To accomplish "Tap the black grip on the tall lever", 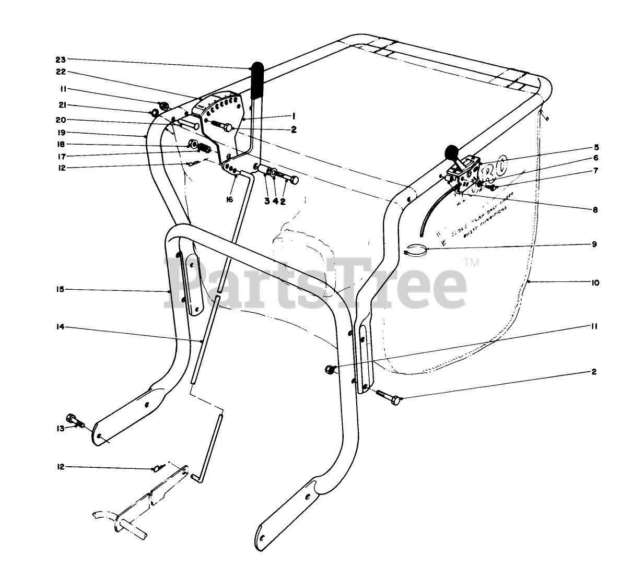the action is pos(257,81).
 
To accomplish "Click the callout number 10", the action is pos(595,283).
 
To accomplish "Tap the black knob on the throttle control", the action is pos(451,152).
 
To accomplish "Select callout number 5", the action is pos(595,147).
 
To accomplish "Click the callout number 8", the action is pos(595,210).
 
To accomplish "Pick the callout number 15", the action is pos(61,289).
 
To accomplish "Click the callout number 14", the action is pos(61,327).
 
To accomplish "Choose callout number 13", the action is pos(61,428).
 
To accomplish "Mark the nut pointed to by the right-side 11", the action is pos(329,369).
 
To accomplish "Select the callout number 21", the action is pos(61,105).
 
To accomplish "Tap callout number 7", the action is pos(595,171).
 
